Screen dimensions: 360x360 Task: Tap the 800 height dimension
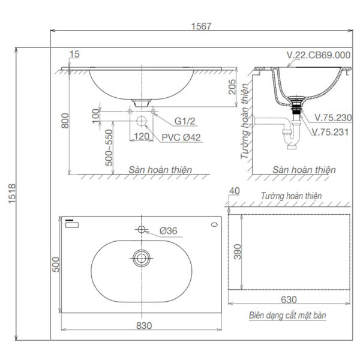[73, 122]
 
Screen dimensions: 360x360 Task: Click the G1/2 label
[184, 121]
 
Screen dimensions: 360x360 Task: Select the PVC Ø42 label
[181, 137]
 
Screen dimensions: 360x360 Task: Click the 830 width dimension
[143, 325]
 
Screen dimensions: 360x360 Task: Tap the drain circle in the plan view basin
[142, 259]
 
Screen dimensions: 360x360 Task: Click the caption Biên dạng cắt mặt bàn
[287, 314]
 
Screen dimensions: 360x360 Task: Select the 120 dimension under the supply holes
[141, 136]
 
